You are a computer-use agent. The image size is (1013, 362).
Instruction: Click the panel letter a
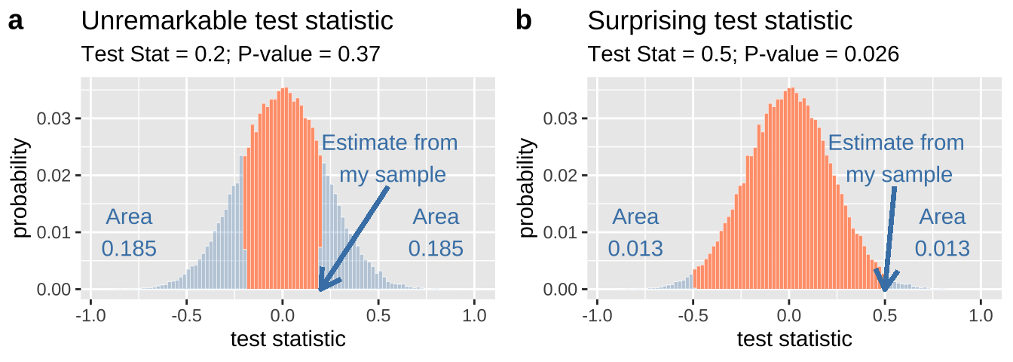point(16,21)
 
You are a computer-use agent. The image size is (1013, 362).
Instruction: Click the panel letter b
point(523,21)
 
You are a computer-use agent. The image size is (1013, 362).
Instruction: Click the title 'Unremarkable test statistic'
point(237,21)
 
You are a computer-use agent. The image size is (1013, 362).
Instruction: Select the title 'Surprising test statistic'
point(720,21)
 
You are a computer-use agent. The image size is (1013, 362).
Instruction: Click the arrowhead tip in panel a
point(320,290)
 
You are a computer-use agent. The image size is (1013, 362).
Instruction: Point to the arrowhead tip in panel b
point(886,290)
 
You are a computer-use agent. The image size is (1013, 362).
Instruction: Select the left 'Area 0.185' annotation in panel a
point(129,232)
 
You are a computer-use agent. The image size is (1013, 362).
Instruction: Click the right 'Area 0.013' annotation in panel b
point(942,232)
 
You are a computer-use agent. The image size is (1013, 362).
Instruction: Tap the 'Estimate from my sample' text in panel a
point(390,158)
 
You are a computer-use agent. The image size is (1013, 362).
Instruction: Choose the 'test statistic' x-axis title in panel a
point(288,339)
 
